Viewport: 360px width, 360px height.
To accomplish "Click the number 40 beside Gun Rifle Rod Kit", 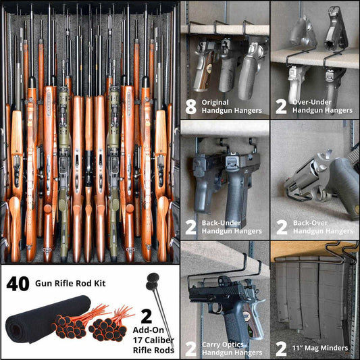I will [x=17, y=284].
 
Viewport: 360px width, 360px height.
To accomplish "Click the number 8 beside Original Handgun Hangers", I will [x=191, y=105].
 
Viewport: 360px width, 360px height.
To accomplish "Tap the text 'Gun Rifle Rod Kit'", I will [x=70, y=284].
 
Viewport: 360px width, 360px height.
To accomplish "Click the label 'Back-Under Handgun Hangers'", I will [x=232, y=226].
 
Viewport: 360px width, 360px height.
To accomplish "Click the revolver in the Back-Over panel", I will [x=317, y=182].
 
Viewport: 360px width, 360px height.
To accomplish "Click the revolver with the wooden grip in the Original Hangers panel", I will [x=205, y=68].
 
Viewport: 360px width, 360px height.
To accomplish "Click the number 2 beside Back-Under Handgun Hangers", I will [x=191, y=226].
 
